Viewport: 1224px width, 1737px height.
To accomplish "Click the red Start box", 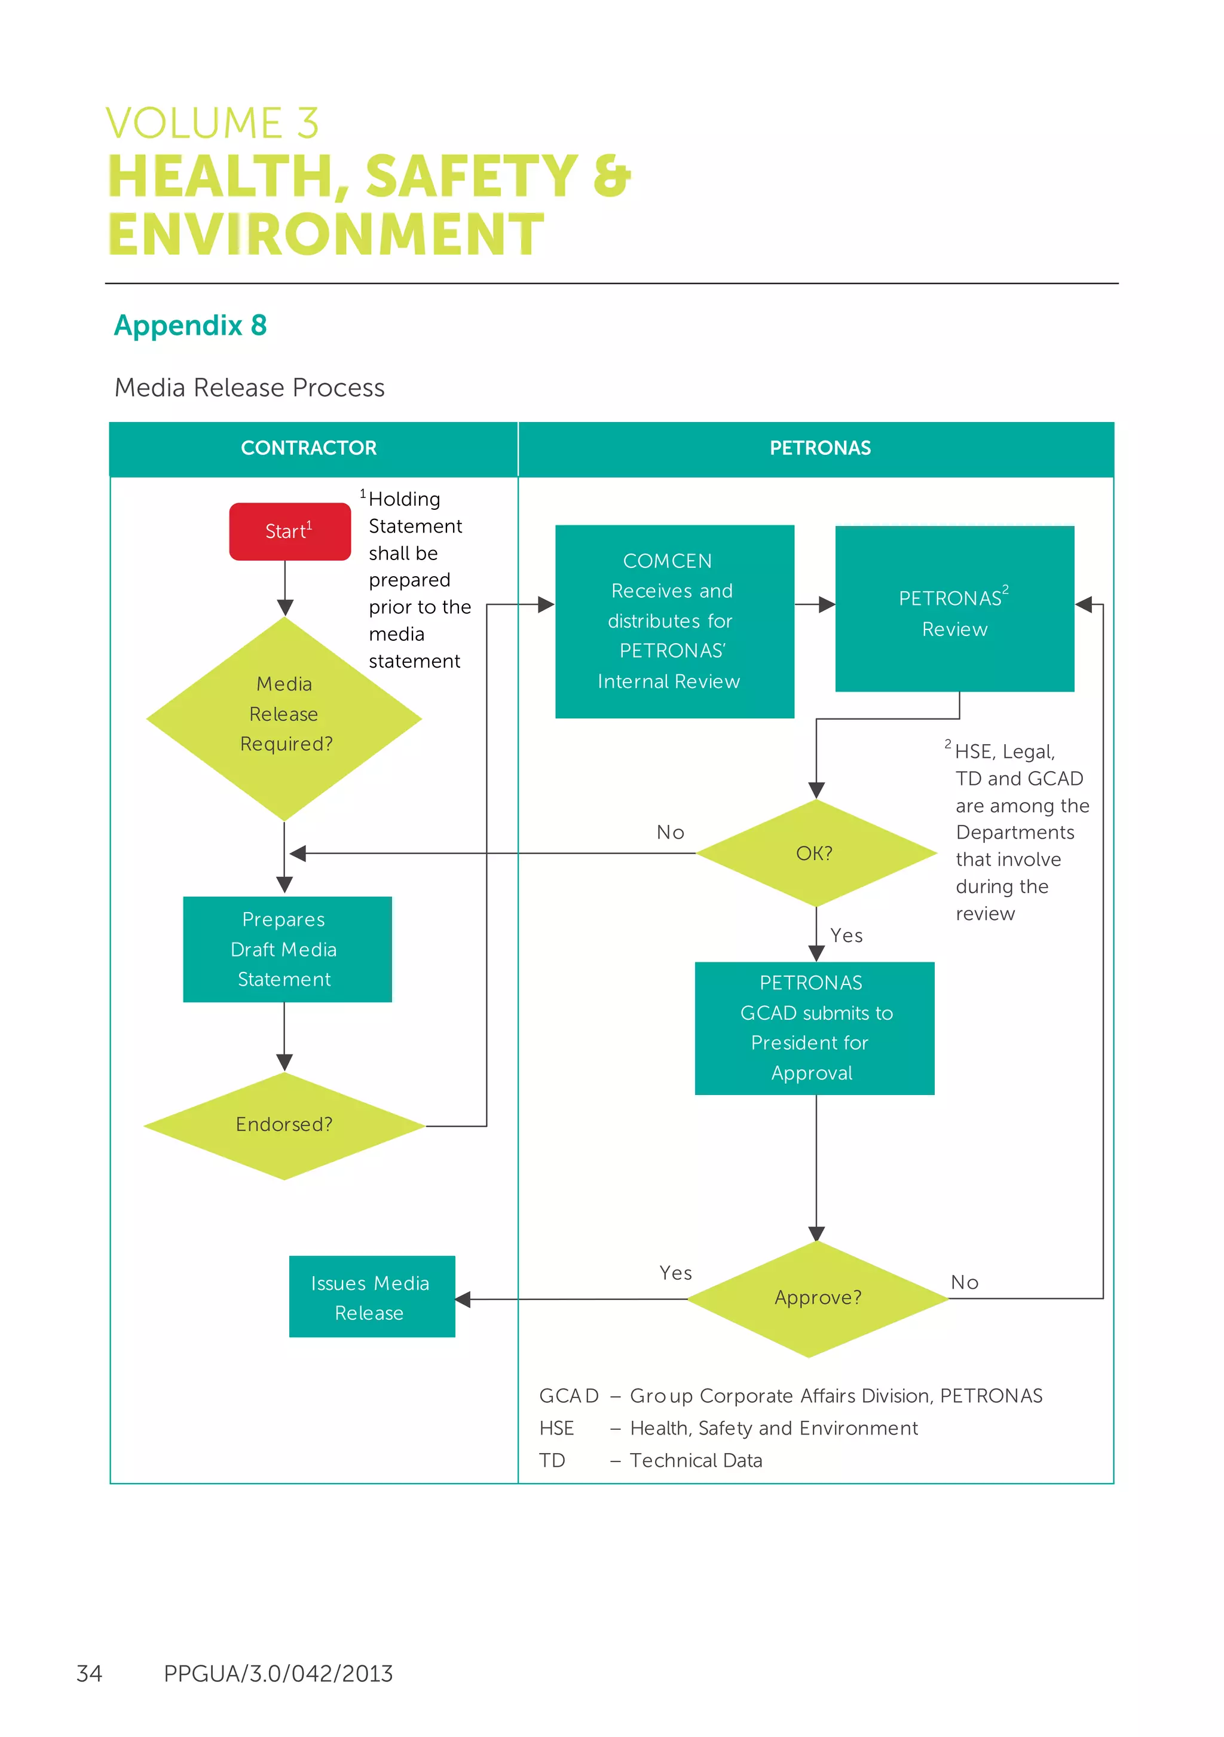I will (x=290, y=531).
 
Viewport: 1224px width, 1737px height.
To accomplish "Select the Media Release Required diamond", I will (x=284, y=715).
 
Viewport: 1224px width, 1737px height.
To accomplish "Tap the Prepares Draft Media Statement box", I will (x=287, y=949).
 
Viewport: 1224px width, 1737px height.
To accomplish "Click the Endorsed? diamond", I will (x=284, y=1124).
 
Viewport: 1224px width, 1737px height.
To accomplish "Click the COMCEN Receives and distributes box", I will (x=674, y=620).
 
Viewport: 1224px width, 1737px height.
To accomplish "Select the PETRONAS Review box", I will (x=954, y=609).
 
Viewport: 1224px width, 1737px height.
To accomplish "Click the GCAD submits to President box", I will (x=814, y=1027).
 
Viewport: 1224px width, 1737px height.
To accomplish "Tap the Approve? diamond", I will (x=817, y=1298).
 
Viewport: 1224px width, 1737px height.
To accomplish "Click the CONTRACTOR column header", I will (x=308, y=448).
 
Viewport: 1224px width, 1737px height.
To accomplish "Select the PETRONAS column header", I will (x=820, y=448).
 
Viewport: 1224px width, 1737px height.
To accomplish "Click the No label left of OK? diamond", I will (x=670, y=832).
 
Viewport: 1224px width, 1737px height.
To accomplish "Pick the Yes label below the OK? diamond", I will (x=846, y=936).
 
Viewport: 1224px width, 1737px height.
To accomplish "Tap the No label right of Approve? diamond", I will (x=965, y=1282).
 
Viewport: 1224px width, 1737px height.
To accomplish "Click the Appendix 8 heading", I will (x=190, y=325).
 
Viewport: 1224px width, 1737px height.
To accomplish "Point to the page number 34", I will (x=89, y=1672).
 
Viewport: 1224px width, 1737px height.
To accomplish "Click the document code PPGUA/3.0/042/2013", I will (x=278, y=1672).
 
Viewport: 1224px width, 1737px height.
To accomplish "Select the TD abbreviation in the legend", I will (x=552, y=1460).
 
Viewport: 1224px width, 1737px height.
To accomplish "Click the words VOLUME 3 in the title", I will (x=212, y=123).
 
